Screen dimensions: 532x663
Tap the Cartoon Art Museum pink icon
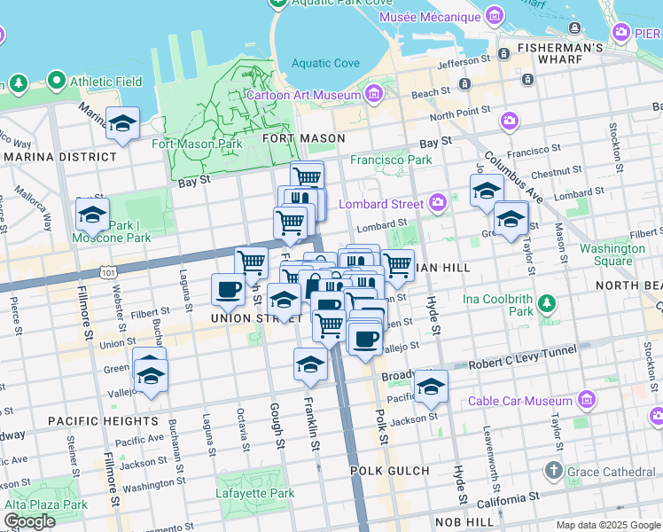[x=374, y=94]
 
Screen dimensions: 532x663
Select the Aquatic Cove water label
[x=325, y=63]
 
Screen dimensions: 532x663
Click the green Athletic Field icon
[x=58, y=82]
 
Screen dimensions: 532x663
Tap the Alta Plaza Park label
[x=45, y=505]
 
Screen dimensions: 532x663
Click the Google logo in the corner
[x=28, y=521]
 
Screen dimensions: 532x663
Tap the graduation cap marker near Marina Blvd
[x=122, y=123]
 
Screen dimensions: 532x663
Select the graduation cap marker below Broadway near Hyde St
[x=431, y=386]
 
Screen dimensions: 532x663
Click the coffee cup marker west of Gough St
[x=228, y=289]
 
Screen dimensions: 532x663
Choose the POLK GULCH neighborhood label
[x=389, y=471]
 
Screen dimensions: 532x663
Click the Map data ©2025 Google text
[x=607, y=525]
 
